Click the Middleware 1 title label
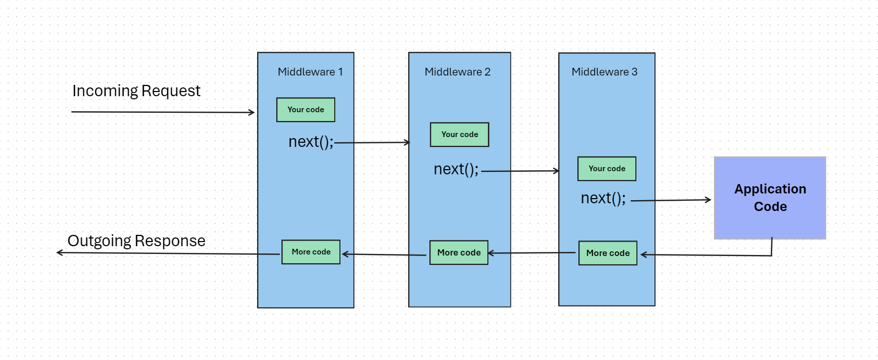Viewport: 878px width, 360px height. (310, 72)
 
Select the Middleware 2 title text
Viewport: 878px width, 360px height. (457, 72)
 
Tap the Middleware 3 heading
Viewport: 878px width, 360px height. (604, 72)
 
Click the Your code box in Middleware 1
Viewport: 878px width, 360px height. (306, 110)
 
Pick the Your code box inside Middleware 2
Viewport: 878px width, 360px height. (459, 134)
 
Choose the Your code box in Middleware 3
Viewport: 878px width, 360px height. (607, 169)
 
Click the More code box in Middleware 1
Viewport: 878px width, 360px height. (311, 252)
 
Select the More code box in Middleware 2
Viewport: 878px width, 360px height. (459, 252)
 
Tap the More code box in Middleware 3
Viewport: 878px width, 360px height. (608, 253)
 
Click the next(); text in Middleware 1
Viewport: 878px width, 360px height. (311, 142)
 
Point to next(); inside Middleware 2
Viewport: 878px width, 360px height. (456, 169)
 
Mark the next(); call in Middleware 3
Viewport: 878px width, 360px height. (603, 198)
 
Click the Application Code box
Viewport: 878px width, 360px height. (770, 198)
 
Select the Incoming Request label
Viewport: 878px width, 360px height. (136, 91)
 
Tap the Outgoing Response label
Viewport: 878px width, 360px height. (137, 241)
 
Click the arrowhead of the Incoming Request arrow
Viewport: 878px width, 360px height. (252, 112)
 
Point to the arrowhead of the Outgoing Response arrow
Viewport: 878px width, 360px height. (59, 252)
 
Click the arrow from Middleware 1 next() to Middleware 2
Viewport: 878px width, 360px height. (373, 142)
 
